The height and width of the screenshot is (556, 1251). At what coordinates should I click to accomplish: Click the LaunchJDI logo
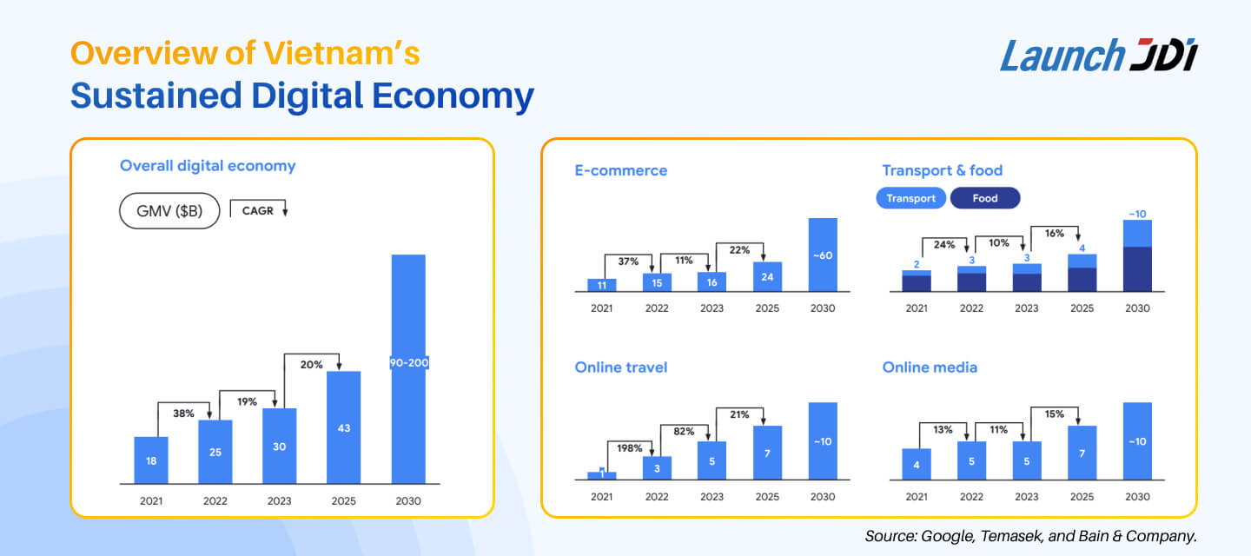[1099, 56]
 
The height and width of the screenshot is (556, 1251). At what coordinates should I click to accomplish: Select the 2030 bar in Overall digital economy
[408, 369]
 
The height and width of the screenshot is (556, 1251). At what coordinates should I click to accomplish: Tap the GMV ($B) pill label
[169, 211]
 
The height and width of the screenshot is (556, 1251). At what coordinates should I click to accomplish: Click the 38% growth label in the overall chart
[183, 414]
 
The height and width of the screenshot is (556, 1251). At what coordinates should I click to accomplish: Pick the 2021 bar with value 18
[151, 460]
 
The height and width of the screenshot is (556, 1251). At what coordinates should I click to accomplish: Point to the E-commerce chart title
[620, 170]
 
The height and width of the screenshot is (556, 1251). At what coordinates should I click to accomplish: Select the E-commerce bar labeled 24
[767, 277]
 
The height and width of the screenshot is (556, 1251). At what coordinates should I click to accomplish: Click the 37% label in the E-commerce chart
[628, 261]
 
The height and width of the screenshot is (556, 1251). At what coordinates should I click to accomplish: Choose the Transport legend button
[910, 198]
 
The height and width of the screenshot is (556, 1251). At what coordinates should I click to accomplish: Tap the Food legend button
[985, 198]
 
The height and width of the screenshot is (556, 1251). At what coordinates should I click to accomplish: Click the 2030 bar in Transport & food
[1136, 256]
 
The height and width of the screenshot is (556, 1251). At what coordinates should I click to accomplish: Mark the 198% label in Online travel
[628, 448]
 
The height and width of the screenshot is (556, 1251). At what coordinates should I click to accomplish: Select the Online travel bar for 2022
[657, 468]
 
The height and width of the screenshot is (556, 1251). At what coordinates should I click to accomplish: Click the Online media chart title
[930, 367]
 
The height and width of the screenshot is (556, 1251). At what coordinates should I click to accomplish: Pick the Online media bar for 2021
[917, 464]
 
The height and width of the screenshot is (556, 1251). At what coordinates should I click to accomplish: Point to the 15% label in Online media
[1055, 414]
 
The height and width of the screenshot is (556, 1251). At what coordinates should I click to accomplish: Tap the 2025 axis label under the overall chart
[344, 500]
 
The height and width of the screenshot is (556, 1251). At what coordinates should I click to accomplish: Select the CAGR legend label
[258, 210]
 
